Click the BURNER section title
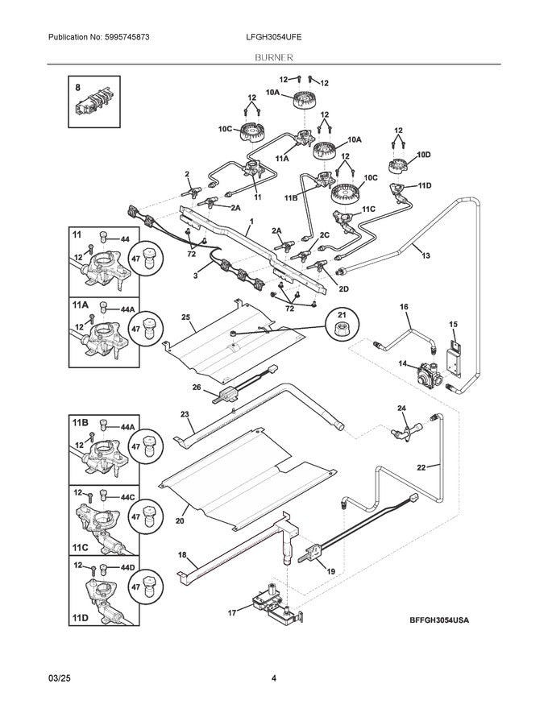pos(274,57)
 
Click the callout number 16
pos(405,307)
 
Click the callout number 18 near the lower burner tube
pos(182,555)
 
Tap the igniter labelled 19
pos(313,554)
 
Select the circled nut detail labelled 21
pos(341,327)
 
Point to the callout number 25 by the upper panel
pos(185,318)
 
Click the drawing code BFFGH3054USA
pos(438,620)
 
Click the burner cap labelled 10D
pos(396,167)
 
